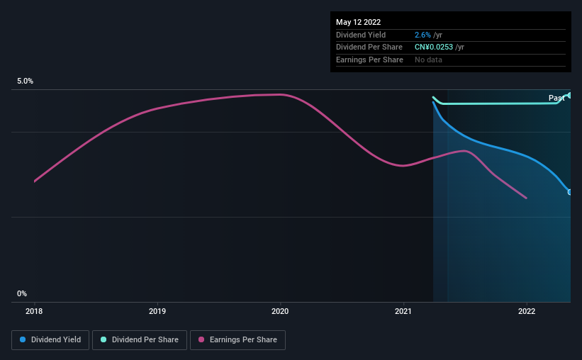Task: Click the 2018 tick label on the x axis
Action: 34,310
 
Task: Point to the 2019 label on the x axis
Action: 157,310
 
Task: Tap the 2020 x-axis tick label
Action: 280,310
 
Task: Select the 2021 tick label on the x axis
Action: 403,310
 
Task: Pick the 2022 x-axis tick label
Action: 527,310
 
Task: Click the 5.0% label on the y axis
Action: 26,81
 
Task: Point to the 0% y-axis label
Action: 22,294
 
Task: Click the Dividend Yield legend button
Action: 50,340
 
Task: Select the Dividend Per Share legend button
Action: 140,340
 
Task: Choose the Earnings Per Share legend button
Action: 237,340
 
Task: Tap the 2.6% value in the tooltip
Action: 421,35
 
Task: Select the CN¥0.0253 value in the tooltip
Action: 434,47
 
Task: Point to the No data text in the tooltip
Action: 430,60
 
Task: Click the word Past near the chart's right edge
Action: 556,98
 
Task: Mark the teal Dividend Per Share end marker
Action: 569,95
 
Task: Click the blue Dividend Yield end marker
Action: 569,192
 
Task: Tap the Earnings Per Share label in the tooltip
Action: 369,60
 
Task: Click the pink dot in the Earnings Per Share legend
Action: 201,340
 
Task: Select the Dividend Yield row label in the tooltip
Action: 360,35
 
